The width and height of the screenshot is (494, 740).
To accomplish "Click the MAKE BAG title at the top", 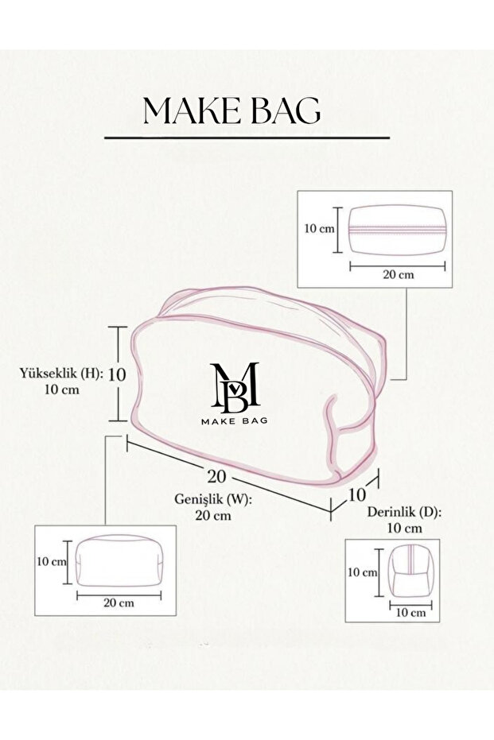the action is tap(232, 111).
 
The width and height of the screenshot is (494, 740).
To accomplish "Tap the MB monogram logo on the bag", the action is tap(235, 385).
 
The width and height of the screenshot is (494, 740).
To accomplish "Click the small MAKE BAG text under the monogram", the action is tap(234, 420).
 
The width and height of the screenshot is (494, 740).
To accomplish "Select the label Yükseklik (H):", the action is tap(61, 374).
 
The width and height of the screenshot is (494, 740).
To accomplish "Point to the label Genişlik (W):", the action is tap(213, 499).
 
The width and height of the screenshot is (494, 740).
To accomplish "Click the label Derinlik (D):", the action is tap(405, 512).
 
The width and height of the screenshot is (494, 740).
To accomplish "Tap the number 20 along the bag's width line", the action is tap(217, 477).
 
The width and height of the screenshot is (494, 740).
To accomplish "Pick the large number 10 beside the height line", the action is tap(117, 374).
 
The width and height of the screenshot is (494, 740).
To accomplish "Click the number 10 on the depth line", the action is tap(357, 494).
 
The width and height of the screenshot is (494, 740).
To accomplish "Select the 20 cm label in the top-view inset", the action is tap(398, 275).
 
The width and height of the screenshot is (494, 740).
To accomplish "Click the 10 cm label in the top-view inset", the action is tap(319, 229).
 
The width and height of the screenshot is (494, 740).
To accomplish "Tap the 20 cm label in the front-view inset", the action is tap(119, 603).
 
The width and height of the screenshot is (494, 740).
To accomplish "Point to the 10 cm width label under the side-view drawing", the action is tap(410, 613).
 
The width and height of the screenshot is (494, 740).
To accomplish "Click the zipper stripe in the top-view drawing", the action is tap(397, 231).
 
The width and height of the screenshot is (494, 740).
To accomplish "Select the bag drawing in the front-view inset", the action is tap(119, 560).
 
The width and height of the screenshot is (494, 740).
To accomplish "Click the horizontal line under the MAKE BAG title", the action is tap(247, 138).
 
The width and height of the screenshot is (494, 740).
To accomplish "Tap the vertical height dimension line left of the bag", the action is tap(118, 374).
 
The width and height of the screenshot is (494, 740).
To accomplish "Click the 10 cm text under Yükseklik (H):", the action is tap(62, 389).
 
